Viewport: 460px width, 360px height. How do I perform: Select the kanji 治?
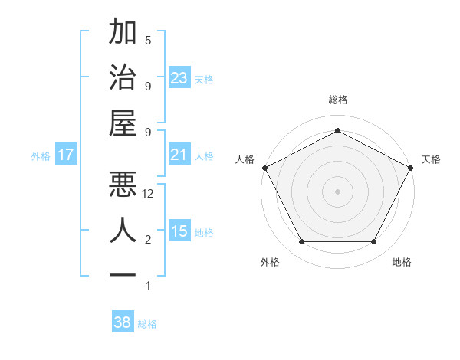point(123,78)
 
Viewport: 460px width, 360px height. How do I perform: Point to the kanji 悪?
point(123,184)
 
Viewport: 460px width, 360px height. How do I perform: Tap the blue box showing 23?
point(179,78)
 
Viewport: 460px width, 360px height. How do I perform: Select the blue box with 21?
point(179,155)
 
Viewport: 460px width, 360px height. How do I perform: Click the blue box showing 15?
point(179,232)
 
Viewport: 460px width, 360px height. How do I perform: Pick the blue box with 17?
point(65,155)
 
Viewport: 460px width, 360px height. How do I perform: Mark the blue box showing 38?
point(123,323)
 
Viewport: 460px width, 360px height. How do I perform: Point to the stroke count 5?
point(148,40)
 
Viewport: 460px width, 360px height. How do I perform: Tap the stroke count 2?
point(148,240)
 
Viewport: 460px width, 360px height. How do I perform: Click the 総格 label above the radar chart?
point(337,100)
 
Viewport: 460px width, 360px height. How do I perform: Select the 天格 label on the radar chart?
point(431,159)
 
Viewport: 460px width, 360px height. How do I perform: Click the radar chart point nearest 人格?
point(264,167)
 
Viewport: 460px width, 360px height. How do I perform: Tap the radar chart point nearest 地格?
point(373,242)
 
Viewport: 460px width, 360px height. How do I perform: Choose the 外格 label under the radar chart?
point(270,262)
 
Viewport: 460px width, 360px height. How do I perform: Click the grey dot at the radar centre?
point(337,191)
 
